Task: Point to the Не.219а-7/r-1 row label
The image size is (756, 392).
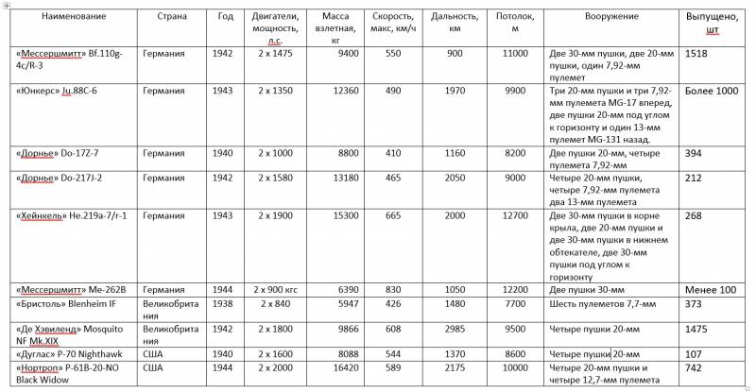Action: coord(71,215)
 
